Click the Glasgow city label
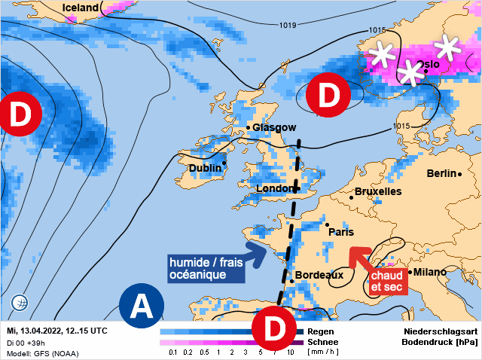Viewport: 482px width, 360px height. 274,128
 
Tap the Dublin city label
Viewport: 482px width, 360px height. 206,168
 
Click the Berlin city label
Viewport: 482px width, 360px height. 441,173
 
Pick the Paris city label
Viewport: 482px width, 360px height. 341,232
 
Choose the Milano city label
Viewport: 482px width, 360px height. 430,272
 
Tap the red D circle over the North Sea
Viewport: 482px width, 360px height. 328,96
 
